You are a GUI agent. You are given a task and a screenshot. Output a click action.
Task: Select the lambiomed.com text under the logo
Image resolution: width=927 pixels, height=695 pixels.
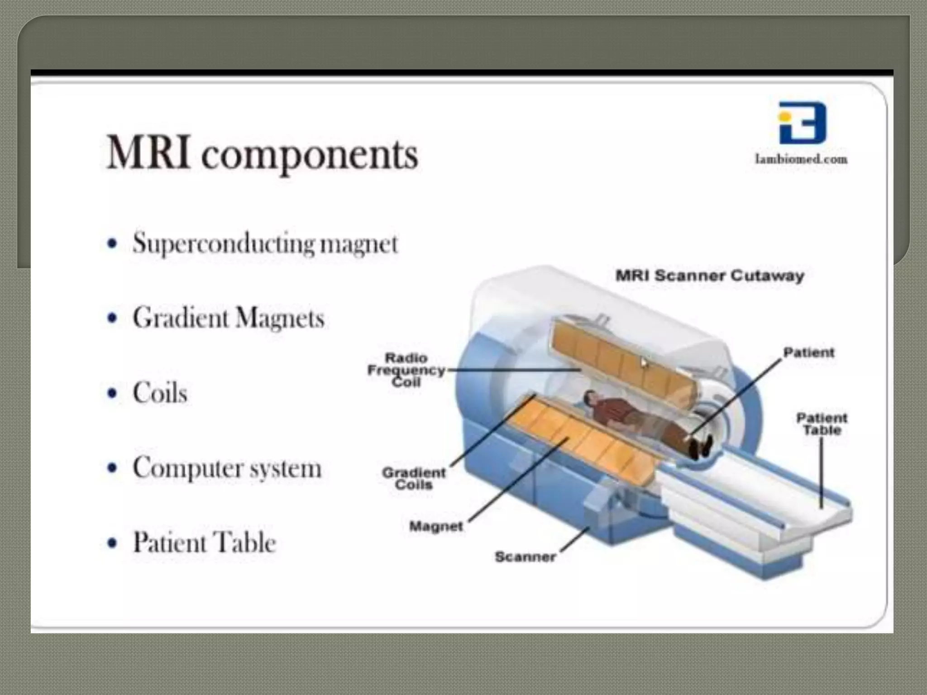click(801, 159)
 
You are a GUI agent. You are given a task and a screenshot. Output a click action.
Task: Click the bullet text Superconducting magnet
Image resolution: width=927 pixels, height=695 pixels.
click(265, 243)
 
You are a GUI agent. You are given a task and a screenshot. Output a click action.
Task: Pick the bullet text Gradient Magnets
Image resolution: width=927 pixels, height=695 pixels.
click(229, 318)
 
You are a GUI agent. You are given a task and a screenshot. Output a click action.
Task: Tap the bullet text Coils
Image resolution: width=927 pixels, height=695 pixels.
click(160, 392)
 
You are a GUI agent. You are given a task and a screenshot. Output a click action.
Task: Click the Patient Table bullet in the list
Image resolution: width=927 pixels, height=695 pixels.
click(204, 542)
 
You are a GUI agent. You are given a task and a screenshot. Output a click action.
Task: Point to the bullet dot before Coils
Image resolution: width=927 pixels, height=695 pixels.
click(112, 393)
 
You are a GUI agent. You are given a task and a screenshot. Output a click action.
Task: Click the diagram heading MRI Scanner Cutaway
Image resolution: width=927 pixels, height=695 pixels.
click(710, 276)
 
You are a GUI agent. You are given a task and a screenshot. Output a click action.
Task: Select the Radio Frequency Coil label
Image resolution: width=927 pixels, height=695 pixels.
click(406, 370)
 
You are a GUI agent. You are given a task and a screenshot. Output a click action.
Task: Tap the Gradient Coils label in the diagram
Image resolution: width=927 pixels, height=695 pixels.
click(414, 479)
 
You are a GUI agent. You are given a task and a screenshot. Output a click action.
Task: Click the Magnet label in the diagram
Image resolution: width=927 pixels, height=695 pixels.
click(436, 526)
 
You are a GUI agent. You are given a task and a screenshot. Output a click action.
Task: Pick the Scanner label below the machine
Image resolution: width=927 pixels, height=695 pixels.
click(525, 557)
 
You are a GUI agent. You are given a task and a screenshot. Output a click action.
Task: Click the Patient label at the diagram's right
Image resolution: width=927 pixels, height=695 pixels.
click(808, 352)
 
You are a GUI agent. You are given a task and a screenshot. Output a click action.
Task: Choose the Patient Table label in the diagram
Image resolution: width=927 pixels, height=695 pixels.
click(822, 424)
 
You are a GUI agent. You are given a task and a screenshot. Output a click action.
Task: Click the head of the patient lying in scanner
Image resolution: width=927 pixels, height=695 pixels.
click(589, 398)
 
